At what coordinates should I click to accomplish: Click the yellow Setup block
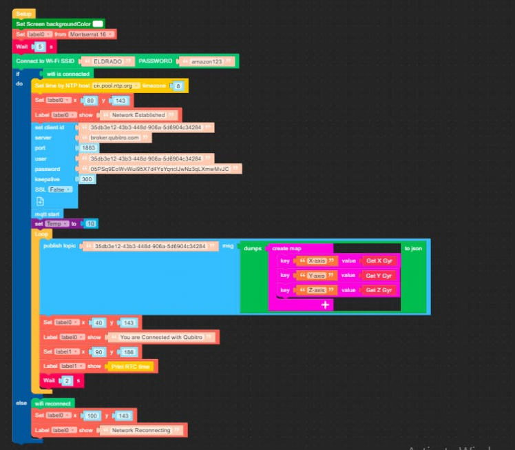coord(23,14)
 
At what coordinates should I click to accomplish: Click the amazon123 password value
coord(207,61)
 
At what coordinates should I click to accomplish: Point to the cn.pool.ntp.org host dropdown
coord(116,85)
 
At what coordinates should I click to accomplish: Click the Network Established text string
coord(138,114)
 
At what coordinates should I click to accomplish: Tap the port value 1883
coord(89,148)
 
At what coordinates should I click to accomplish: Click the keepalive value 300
coord(86,179)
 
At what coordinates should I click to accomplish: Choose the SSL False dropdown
coord(60,189)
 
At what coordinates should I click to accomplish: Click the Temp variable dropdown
coord(56,224)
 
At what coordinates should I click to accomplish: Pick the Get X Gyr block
coord(379,260)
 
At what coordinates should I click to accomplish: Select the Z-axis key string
coord(317,290)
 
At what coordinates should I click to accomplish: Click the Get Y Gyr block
coord(379,276)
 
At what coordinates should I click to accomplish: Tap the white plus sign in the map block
coord(325,304)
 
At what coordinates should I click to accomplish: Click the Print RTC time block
coord(130,366)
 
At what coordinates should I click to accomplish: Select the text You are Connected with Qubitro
coord(161,338)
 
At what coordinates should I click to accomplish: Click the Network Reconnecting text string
coord(140,430)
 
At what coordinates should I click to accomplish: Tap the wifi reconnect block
coord(52,403)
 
